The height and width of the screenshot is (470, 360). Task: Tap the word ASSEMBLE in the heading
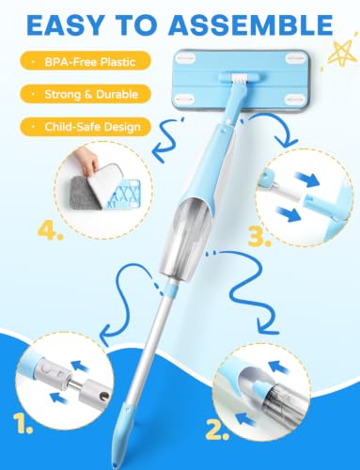251,24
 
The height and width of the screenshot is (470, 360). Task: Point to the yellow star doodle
341,54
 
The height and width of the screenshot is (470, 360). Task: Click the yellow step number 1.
23,423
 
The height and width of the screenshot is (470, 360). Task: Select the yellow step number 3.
258,237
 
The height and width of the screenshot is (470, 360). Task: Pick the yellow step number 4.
50,231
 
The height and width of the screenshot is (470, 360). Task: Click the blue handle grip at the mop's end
123,434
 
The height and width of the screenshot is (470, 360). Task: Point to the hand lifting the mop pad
86,160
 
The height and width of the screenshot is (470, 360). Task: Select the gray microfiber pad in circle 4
82,193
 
